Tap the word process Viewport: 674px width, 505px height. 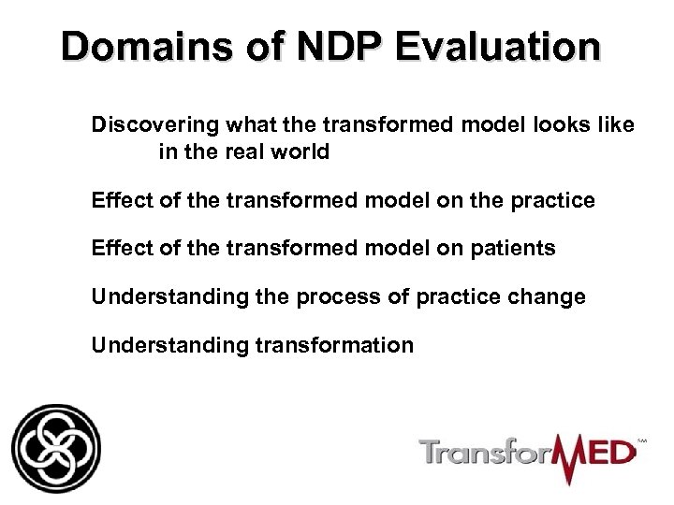(333, 297)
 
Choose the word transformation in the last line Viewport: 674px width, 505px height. (334, 346)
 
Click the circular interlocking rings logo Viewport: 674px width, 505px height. (55, 448)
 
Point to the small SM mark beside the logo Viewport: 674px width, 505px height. (641, 439)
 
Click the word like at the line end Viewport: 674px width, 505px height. (615, 125)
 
